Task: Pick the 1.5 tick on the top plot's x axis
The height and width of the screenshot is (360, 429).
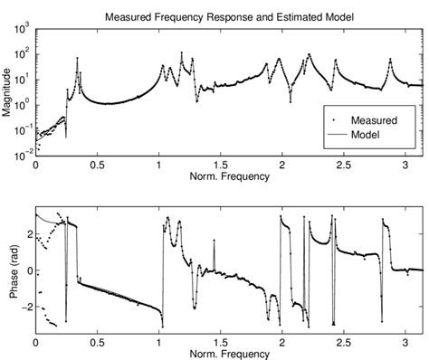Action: click(x=220, y=166)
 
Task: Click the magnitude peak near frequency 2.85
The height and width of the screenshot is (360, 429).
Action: click(x=389, y=61)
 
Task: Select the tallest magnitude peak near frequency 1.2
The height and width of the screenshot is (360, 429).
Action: click(x=182, y=52)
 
